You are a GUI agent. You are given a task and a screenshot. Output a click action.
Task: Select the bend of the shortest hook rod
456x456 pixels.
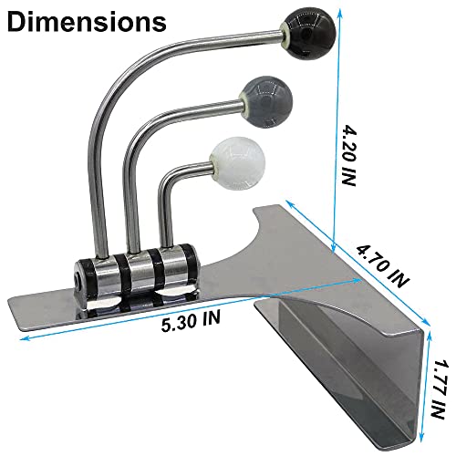coord(171,173)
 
